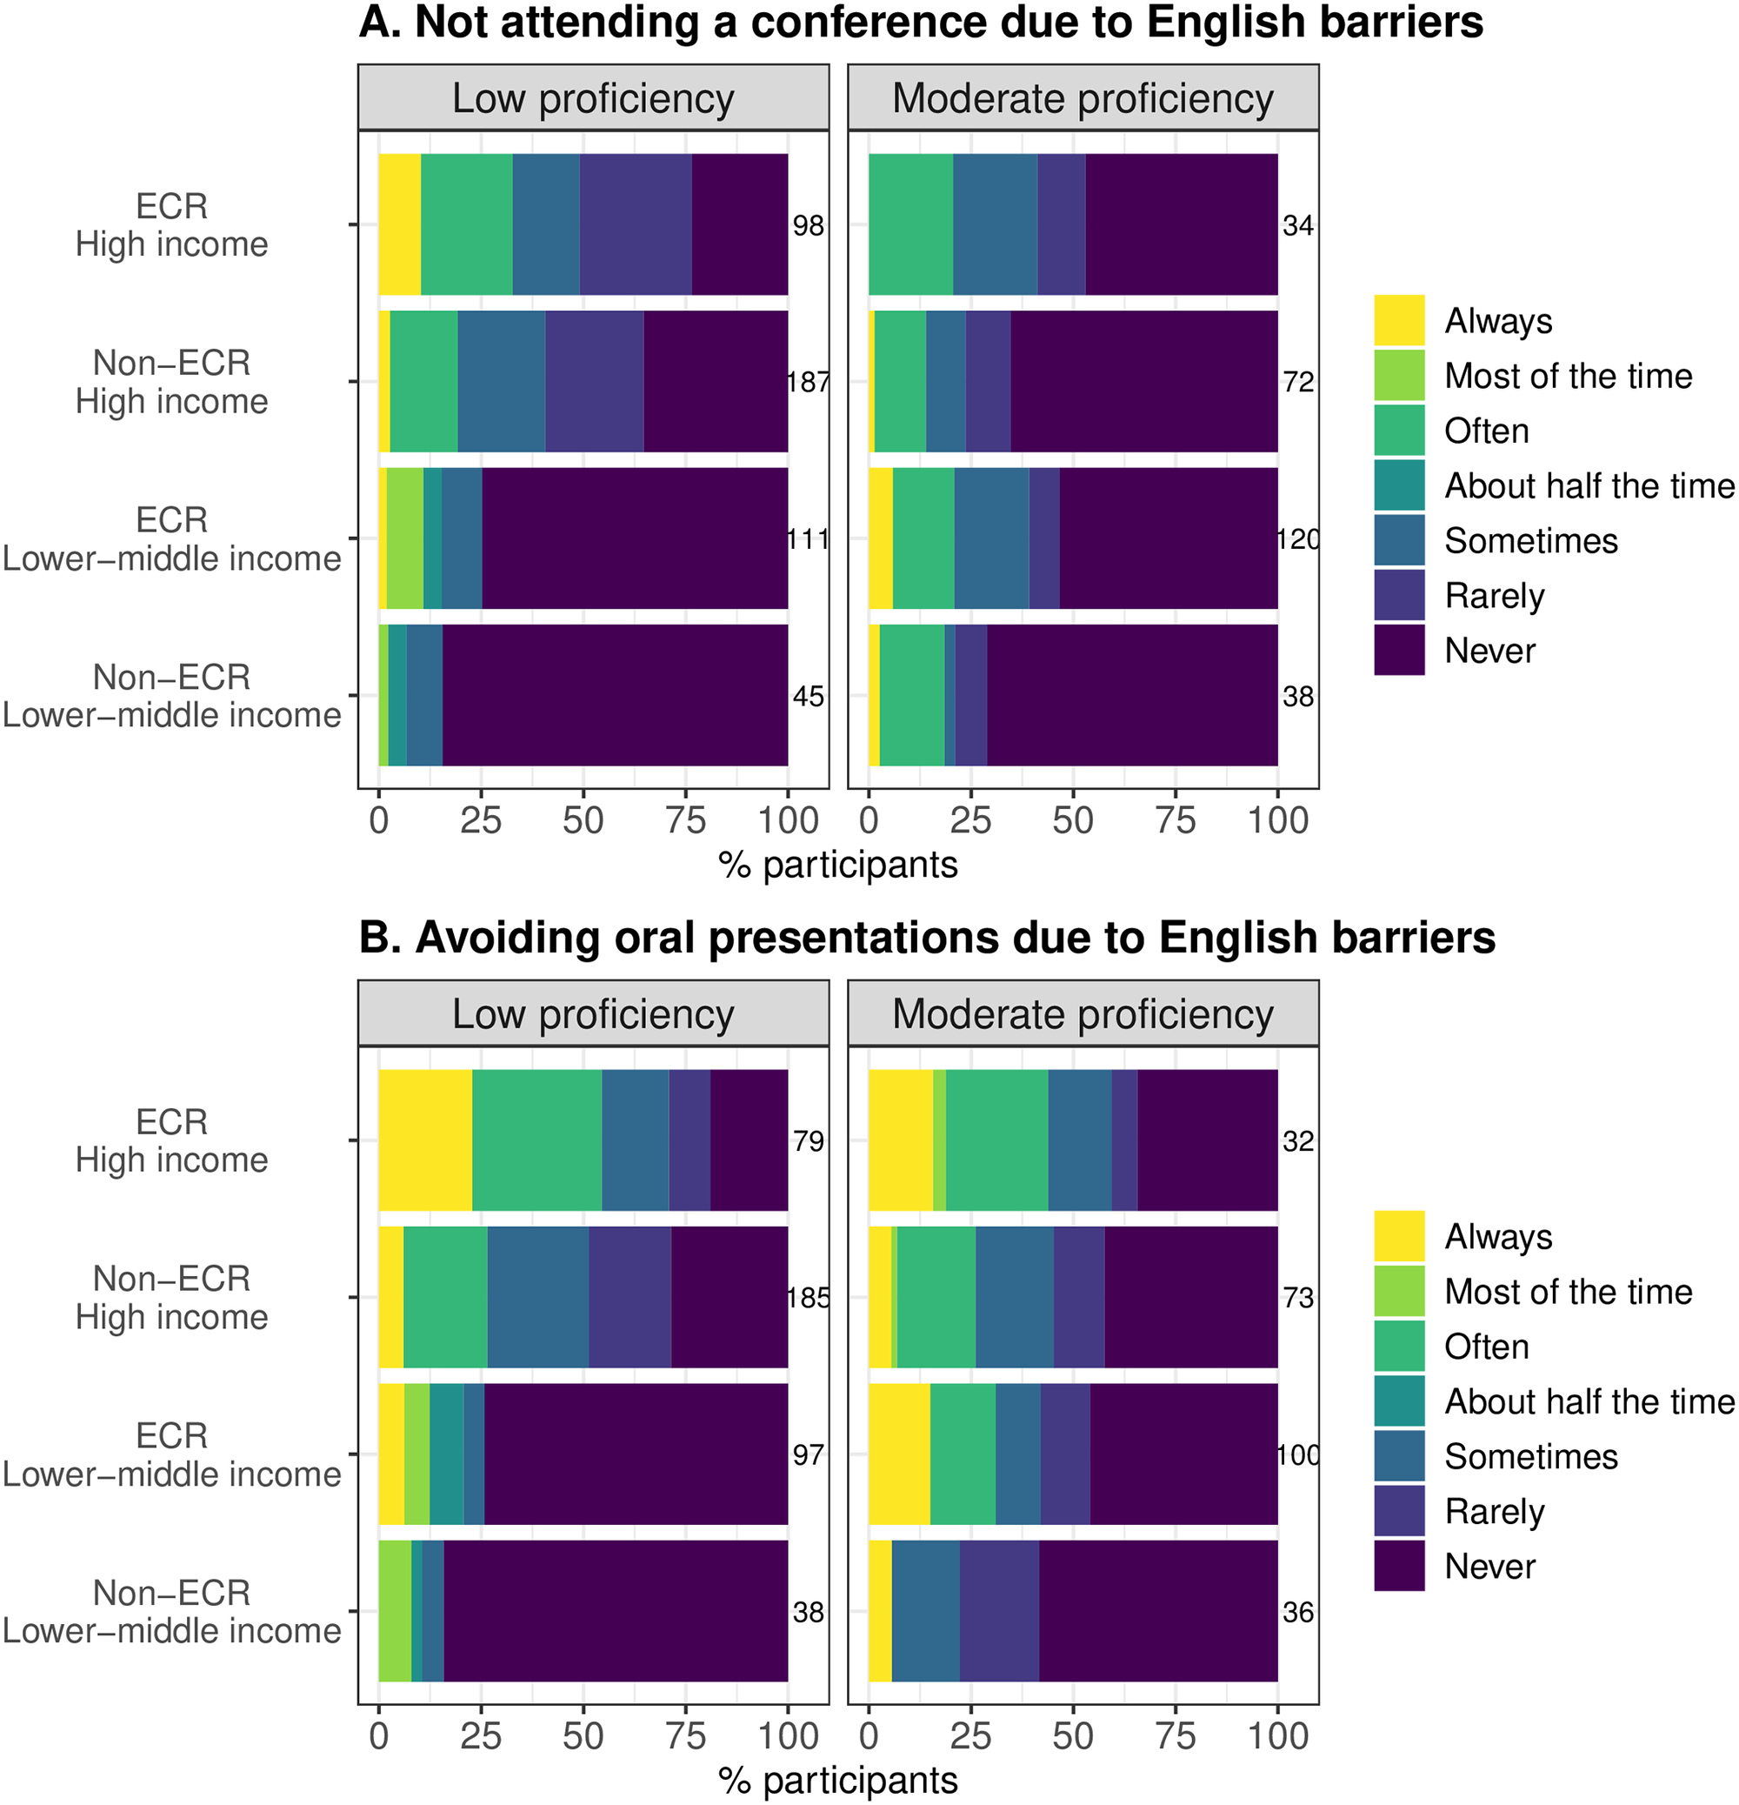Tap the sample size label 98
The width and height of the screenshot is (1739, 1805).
tap(809, 225)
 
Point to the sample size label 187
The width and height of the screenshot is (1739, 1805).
tap(809, 382)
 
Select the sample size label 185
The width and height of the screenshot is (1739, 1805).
tap(809, 1299)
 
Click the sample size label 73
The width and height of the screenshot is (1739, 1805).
tap(1298, 1299)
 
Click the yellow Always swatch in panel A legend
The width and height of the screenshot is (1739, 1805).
tap(1398, 320)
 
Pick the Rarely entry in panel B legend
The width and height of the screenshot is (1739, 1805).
tap(1494, 1512)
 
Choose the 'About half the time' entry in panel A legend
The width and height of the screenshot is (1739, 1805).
tap(1589, 486)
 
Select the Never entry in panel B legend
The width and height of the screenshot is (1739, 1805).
tap(1489, 1567)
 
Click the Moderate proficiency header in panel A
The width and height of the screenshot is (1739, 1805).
tap(1083, 98)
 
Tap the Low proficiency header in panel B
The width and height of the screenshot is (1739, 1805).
tap(593, 1014)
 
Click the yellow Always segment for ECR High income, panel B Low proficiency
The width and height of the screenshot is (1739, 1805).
tap(425, 1140)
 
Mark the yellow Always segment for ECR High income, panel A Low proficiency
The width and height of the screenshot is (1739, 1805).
tap(400, 224)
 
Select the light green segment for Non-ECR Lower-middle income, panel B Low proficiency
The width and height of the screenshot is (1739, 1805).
tap(395, 1612)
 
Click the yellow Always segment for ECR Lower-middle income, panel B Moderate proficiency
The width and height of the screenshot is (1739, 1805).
tap(899, 1454)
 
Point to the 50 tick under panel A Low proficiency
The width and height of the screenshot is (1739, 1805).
tap(583, 820)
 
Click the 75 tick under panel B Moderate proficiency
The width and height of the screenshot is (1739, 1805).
tap(1176, 1736)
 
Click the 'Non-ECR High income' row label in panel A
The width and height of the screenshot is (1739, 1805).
tap(172, 382)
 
